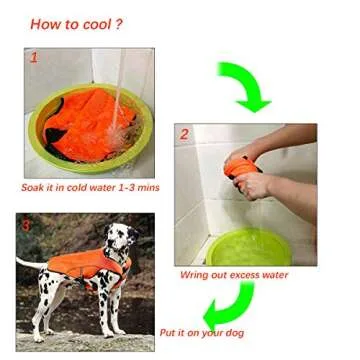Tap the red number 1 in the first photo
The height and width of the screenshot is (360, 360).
[34, 59]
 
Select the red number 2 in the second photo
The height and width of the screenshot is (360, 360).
[183, 133]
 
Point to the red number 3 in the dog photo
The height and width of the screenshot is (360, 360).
[26, 224]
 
